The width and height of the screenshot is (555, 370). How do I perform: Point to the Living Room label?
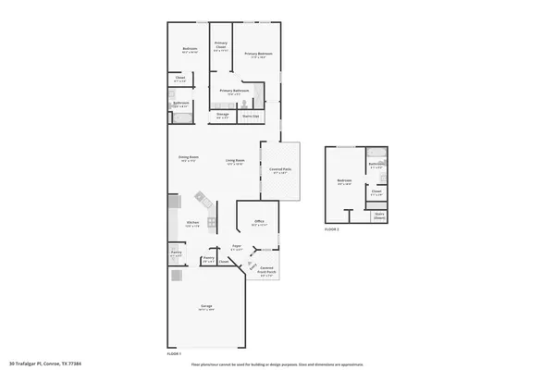(235, 162)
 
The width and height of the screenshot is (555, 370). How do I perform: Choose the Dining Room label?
(189, 158)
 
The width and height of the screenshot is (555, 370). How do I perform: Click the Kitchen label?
(192, 224)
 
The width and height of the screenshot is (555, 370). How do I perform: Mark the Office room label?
(259, 222)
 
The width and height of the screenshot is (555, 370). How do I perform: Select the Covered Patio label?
(280, 170)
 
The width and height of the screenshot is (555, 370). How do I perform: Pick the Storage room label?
(223, 116)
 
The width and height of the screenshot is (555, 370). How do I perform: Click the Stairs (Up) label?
(250, 117)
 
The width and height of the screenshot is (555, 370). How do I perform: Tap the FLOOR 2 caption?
(332, 228)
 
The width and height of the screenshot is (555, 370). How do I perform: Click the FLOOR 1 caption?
(173, 353)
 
